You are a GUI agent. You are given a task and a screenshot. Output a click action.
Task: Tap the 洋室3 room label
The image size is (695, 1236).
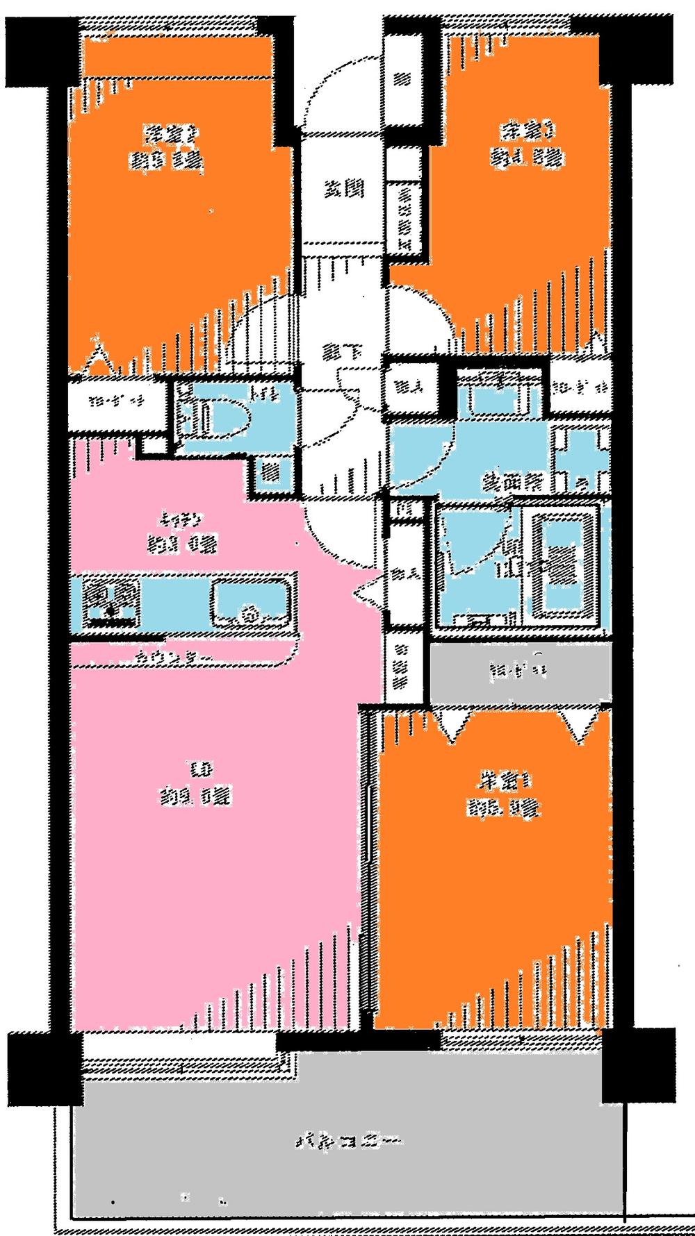coord(526,130)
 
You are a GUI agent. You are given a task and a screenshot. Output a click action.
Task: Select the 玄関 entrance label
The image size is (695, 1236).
coord(343,188)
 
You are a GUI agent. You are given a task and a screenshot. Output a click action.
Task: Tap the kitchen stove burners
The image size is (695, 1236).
coord(111,601)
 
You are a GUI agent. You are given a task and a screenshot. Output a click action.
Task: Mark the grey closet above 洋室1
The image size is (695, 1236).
coord(518,671)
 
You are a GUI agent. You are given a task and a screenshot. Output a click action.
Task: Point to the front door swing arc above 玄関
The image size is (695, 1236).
coord(341,94)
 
